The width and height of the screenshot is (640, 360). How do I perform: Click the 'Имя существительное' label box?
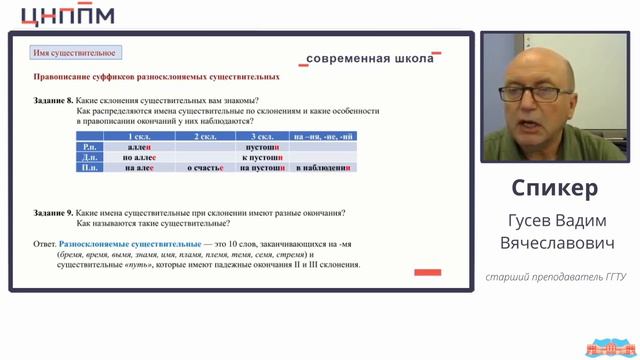click(75, 52)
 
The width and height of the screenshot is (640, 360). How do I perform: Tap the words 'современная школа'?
click(370, 58)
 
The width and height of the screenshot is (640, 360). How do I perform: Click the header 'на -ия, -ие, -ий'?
click(322, 136)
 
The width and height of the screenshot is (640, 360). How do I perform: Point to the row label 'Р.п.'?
click(89, 147)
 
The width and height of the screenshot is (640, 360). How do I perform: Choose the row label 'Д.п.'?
click(89, 157)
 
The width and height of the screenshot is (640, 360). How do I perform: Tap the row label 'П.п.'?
click(89, 168)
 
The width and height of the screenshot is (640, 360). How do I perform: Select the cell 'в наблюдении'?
click(322, 168)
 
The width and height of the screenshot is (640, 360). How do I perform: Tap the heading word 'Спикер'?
click(554, 188)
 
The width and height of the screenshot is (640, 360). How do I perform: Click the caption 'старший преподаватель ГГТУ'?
click(555, 276)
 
